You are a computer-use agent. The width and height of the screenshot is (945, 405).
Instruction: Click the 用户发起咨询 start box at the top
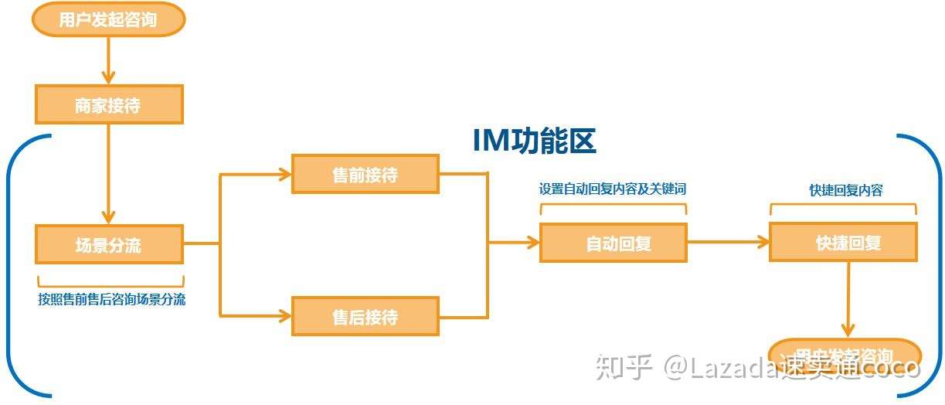pyautogui.click(x=108, y=19)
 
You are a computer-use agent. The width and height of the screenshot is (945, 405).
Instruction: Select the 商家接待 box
pyautogui.click(x=109, y=105)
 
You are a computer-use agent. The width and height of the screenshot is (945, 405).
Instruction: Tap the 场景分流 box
pyautogui.click(x=109, y=245)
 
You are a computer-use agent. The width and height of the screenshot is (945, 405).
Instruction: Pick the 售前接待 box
pyautogui.click(x=365, y=175)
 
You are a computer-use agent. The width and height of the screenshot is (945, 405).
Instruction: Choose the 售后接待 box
pyautogui.click(x=365, y=316)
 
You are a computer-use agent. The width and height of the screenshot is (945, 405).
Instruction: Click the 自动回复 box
pyautogui.click(x=613, y=243)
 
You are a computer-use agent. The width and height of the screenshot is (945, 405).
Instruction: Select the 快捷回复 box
pyautogui.click(x=842, y=243)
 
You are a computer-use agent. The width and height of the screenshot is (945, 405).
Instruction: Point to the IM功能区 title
pyautogui.click(x=534, y=141)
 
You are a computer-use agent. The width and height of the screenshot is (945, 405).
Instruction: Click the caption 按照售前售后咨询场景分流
pyautogui.click(x=111, y=300)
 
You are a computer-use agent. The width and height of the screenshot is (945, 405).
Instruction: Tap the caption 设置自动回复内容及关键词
pyautogui.click(x=612, y=189)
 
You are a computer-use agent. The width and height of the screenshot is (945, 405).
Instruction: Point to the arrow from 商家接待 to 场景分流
pyautogui.click(x=108, y=174)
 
